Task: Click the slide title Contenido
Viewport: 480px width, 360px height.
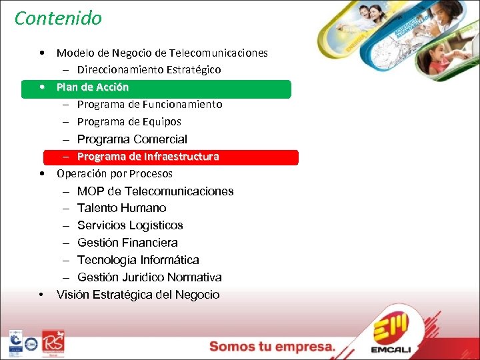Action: tap(58, 18)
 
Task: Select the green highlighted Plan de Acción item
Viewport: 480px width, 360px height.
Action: tap(93, 87)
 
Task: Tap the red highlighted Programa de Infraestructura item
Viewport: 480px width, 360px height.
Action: tap(148, 157)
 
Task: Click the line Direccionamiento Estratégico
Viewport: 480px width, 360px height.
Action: tap(149, 69)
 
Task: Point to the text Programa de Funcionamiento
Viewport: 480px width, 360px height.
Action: tap(149, 105)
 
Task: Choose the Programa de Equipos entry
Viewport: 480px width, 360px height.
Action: tap(129, 122)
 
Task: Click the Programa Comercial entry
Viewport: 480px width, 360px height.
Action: tap(132, 139)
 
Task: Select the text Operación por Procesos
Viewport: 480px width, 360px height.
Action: tap(115, 174)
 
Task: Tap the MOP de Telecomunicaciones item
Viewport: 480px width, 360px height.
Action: tap(155, 191)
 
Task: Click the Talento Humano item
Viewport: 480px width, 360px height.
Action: tap(122, 208)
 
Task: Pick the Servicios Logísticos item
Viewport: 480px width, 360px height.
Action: tap(130, 225)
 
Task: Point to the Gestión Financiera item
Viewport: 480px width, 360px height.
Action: tap(127, 243)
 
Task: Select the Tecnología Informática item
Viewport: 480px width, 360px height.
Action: tap(138, 260)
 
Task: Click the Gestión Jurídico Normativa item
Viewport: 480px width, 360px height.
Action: tap(149, 277)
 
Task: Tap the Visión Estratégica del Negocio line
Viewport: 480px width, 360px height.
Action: tap(138, 295)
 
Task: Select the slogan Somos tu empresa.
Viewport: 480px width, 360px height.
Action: tap(273, 347)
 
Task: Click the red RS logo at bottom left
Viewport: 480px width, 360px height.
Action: tap(53, 342)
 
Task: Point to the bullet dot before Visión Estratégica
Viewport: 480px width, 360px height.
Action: tap(42, 295)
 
